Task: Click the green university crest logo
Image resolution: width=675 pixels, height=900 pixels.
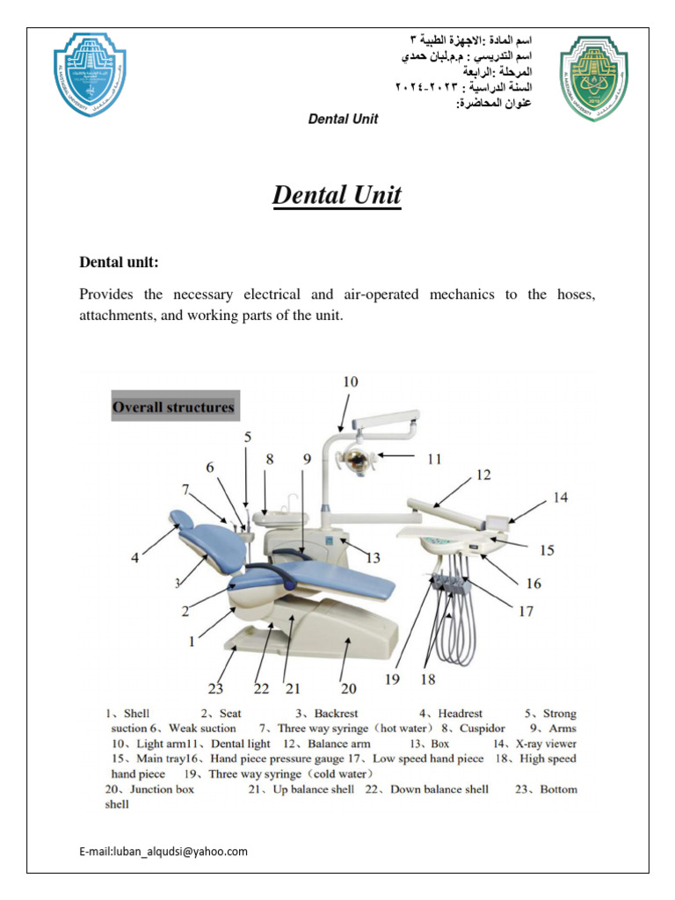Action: coord(594,77)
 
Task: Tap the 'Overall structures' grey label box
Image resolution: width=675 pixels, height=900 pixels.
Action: coord(174,407)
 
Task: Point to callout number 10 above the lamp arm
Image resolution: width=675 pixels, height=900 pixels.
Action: coord(351,381)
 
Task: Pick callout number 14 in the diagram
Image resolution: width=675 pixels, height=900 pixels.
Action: coord(560,497)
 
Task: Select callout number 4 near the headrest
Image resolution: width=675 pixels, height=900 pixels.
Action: coord(134,556)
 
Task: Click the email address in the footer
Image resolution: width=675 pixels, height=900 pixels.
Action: coord(163,851)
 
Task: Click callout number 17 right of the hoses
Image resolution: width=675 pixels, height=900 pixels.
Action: coord(526,611)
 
